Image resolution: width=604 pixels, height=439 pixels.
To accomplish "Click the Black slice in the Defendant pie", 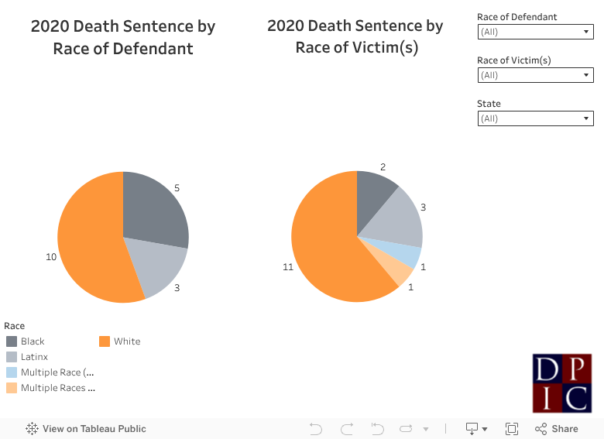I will pyautogui.click(x=155, y=207).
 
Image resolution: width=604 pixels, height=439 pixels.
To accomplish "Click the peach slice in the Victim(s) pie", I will pyautogui.click(x=400, y=272).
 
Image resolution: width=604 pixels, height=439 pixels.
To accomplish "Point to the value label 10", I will pyautogui.click(x=51, y=257).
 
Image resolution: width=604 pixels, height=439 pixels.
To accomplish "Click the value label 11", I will pyautogui.click(x=287, y=267).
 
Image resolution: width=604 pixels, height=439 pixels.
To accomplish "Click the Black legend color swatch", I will pyautogui.click(x=12, y=341).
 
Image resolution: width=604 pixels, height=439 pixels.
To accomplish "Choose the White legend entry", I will pyautogui.click(x=127, y=341).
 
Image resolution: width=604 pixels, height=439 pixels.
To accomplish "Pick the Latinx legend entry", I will pyautogui.click(x=34, y=357).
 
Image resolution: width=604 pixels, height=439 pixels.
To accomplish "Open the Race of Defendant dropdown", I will pyautogui.click(x=535, y=32).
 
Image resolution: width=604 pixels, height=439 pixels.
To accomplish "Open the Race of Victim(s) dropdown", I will pyautogui.click(x=535, y=75).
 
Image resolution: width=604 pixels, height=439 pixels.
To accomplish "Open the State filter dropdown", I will pyautogui.click(x=535, y=118).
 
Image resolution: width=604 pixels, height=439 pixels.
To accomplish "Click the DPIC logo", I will pyautogui.click(x=562, y=383).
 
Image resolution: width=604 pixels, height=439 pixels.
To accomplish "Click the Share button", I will pyautogui.click(x=556, y=429).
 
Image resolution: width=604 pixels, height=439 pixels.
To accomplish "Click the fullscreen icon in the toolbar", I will pyautogui.click(x=512, y=429).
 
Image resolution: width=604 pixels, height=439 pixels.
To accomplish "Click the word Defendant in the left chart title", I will pyautogui.click(x=153, y=49).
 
